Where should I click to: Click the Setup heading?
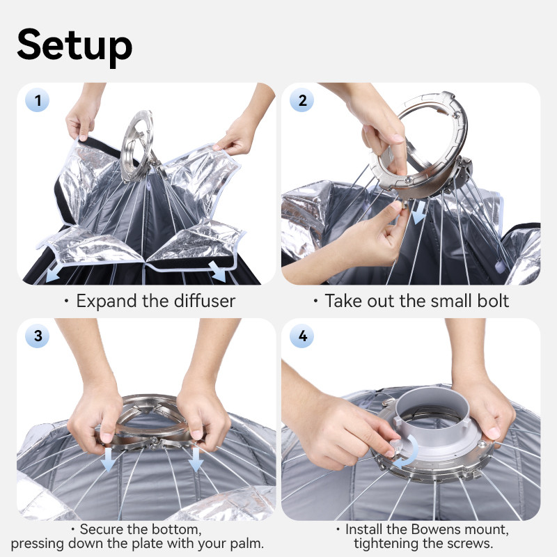[74, 46]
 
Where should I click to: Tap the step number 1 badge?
[38, 100]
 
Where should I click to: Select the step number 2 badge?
[302, 100]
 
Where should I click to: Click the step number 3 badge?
[38, 336]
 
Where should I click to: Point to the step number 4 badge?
[302, 336]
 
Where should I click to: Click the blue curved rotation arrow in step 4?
[412, 452]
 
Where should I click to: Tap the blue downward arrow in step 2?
[419, 212]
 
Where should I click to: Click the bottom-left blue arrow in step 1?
[53, 274]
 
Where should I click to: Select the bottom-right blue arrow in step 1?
[218, 272]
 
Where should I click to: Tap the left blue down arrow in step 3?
[108, 459]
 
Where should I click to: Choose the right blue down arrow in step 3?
[196, 459]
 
